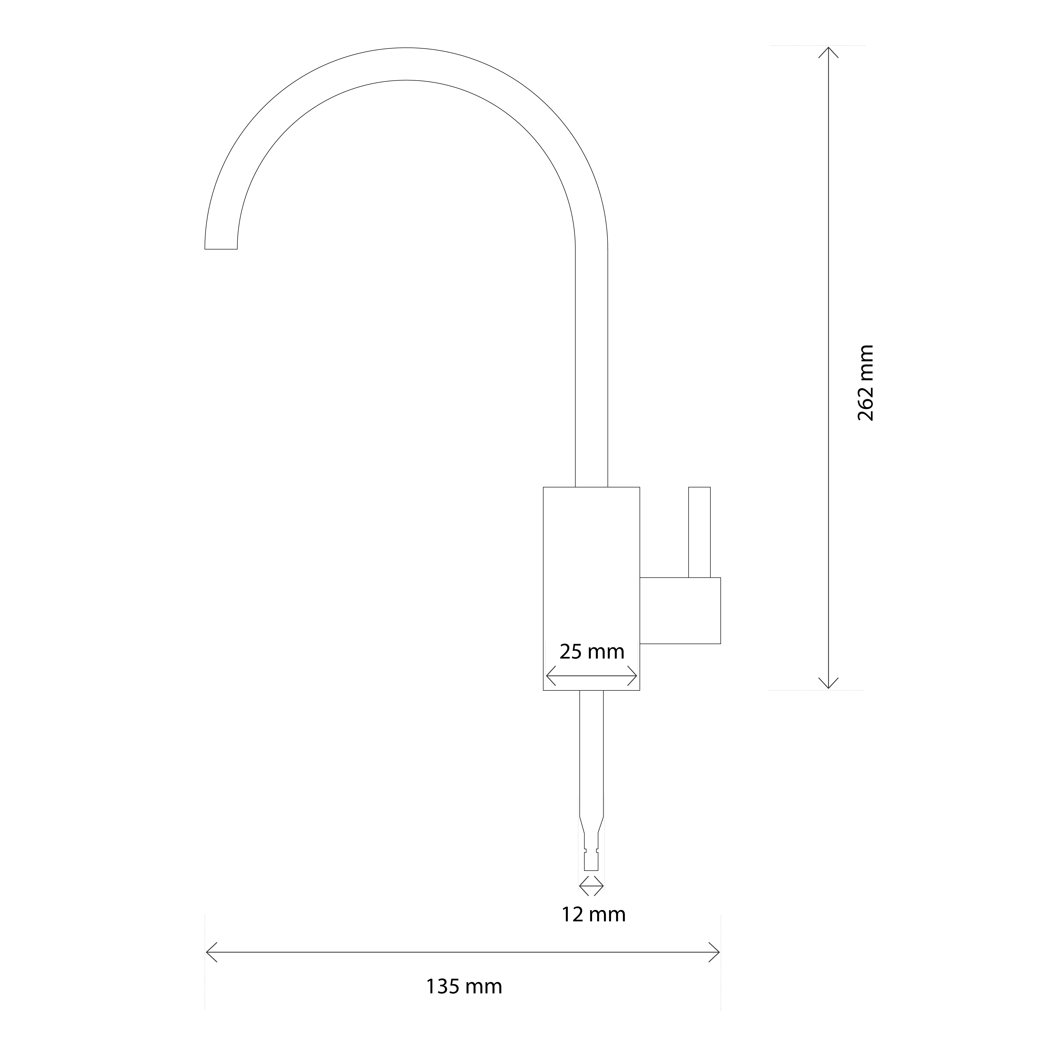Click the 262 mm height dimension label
pos(865,383)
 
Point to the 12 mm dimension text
pos(594,914)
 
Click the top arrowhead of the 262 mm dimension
pos(828,53)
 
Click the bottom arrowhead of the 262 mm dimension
pos(828,682)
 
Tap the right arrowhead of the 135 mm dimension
pos(714,952)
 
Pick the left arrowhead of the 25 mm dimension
pos(551,676)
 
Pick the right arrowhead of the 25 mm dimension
pos(632,676)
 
